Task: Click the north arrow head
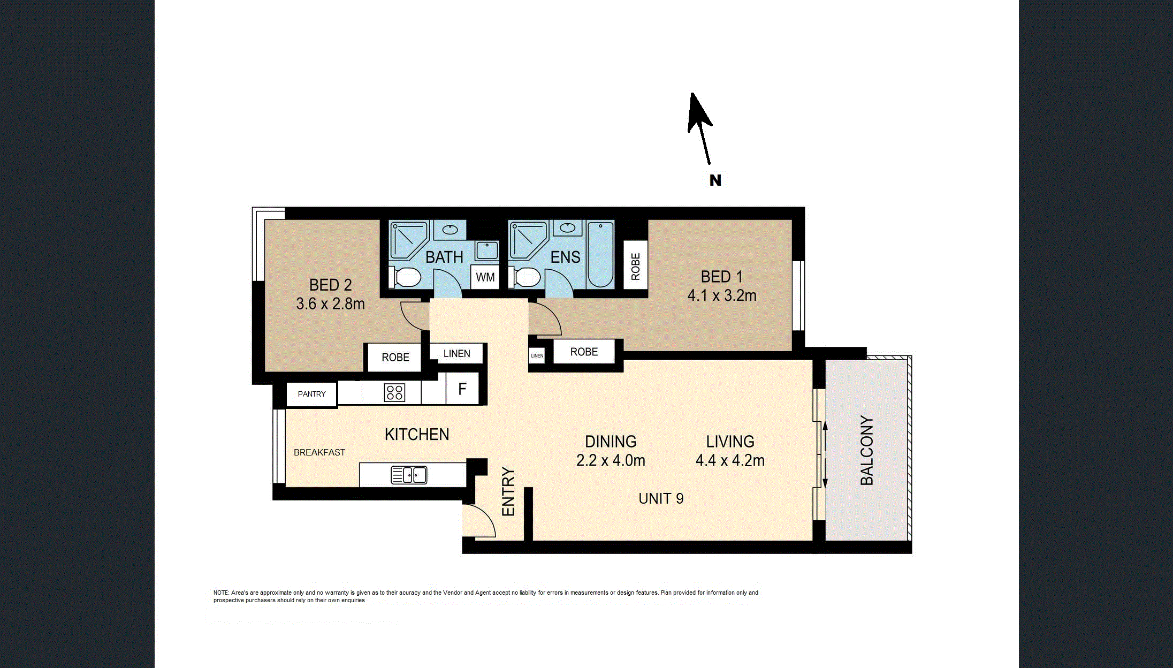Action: click(698, 112)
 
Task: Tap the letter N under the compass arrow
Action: click(715, 180)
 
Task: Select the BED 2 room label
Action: click(330, 285)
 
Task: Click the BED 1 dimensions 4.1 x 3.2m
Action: click(722, 295)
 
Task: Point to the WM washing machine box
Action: click(485, 277)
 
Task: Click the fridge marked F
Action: click(462, 389)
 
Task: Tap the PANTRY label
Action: click(311, 394)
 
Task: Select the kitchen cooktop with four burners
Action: click(394, 393)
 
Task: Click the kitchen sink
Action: click(409, 475)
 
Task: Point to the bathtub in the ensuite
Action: click(600, 254)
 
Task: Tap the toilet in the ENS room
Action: click(524, 277)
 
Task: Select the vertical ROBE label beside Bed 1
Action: click(636, 266)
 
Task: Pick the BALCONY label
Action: click(866, 451)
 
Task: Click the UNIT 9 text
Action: click(661, 499)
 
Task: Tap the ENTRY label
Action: click(508, 492)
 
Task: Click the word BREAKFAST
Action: click(319, 452)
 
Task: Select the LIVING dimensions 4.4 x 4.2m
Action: click(730, 460)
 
